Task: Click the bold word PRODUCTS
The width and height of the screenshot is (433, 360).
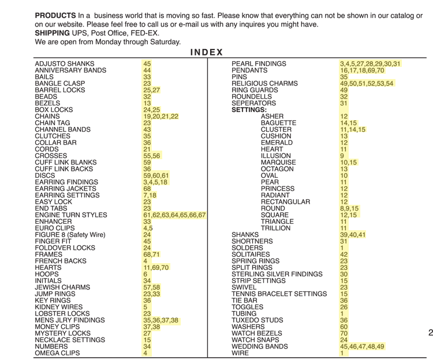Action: (x=55, y=15)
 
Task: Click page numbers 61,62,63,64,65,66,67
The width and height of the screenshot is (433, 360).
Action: (x=174, y=215)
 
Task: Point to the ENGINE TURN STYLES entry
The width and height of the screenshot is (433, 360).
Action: (x=70, y=215)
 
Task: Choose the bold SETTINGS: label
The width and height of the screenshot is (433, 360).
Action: (x=249, y=110)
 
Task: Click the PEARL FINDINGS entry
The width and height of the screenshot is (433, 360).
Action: (x=259, y=63)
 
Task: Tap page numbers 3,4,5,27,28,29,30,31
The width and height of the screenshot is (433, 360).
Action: (x=370, y=63)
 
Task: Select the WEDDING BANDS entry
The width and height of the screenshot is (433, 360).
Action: (x=259, y=346)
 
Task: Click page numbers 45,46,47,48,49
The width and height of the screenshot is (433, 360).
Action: (x=361, y=346)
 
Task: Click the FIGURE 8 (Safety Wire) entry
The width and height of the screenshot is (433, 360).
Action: (x=70, y=234)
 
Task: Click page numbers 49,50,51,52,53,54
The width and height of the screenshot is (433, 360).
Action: (x=367, y=83)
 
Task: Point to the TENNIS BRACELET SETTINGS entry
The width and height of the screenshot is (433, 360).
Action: (x=279, y=294)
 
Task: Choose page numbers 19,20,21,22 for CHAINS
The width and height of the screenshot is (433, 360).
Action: (x=161, y=116)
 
